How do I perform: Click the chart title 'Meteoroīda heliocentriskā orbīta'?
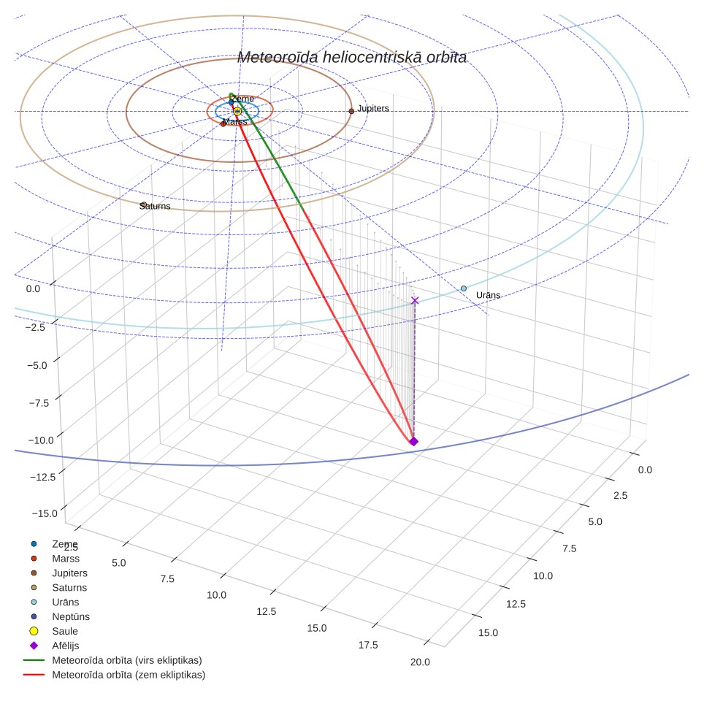(351, 58)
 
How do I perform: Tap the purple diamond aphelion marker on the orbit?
(413, 441)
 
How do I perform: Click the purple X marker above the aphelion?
(415, 300)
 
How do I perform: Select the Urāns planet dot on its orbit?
(464, 288)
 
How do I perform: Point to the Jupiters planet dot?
(351, 111)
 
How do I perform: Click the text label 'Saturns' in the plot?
(155, 206)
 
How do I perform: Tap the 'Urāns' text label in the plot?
(488, 295)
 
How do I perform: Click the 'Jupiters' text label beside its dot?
(373, 109)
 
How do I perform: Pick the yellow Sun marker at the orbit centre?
(237, 111)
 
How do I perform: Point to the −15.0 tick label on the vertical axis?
(45, 513)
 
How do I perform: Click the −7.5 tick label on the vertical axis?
(39, 403)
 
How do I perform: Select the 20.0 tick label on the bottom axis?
(420, 662)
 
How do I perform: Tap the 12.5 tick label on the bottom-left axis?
(267, 611)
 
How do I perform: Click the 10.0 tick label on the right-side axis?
(543, 575)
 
